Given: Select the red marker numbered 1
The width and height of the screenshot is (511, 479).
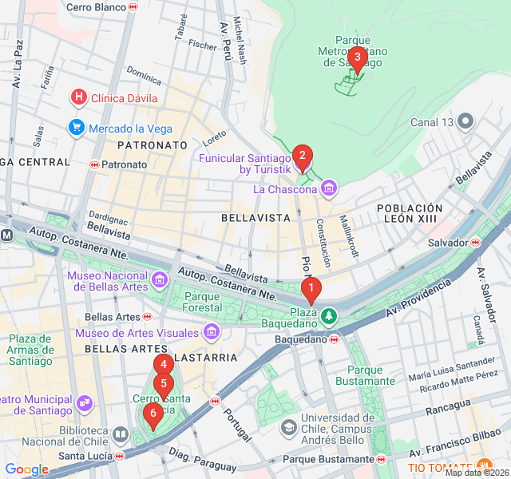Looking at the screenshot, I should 311,288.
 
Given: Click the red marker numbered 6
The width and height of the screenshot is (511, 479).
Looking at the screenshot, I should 152,413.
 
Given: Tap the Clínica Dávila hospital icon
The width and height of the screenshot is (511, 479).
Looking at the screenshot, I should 78,98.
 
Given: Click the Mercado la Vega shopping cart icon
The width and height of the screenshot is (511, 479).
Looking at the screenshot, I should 77,128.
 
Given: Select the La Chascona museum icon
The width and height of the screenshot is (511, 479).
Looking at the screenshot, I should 329,189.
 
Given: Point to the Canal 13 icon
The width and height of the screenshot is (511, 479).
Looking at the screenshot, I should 466,122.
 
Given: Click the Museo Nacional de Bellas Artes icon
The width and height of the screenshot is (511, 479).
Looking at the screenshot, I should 159,280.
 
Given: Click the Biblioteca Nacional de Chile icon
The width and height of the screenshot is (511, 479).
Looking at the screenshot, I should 120,434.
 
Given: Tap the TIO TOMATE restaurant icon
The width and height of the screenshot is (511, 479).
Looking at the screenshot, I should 484,466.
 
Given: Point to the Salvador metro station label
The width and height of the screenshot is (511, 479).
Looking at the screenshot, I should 447,242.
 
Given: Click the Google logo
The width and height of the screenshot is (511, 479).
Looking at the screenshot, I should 26,469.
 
